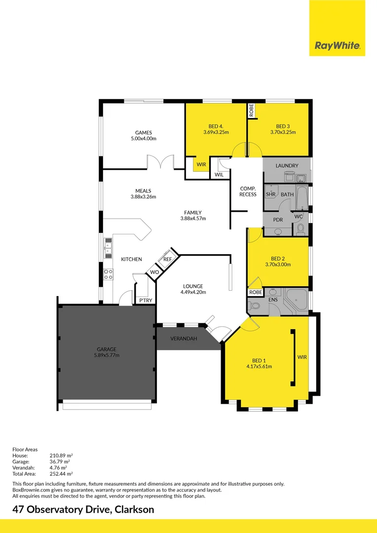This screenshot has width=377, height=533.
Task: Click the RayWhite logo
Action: point(338,46)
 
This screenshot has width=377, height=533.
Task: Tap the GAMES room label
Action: point(144,132)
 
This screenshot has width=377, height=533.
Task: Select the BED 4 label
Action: point(216,126)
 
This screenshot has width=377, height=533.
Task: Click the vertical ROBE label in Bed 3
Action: point(251,111)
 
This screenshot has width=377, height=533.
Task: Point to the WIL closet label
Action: point(219,175)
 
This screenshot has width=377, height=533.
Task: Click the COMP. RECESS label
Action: point(248,191)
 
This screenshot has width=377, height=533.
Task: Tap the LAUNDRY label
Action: point(287,166)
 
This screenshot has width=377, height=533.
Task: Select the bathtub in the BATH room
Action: point(302,194)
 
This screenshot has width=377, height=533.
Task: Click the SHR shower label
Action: point(270,194)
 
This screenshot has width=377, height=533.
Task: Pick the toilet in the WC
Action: point(301,229)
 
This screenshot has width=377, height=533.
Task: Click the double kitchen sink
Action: point(108,248)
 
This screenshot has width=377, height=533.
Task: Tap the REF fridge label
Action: point(167,259)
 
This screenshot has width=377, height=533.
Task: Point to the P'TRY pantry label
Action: point(145,300)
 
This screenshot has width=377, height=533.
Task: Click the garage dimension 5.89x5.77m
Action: point(107,355)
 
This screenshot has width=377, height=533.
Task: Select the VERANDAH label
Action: point(184,339)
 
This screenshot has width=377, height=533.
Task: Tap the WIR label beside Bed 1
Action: point(302,356)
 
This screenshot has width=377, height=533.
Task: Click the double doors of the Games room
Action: point(160,162)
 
